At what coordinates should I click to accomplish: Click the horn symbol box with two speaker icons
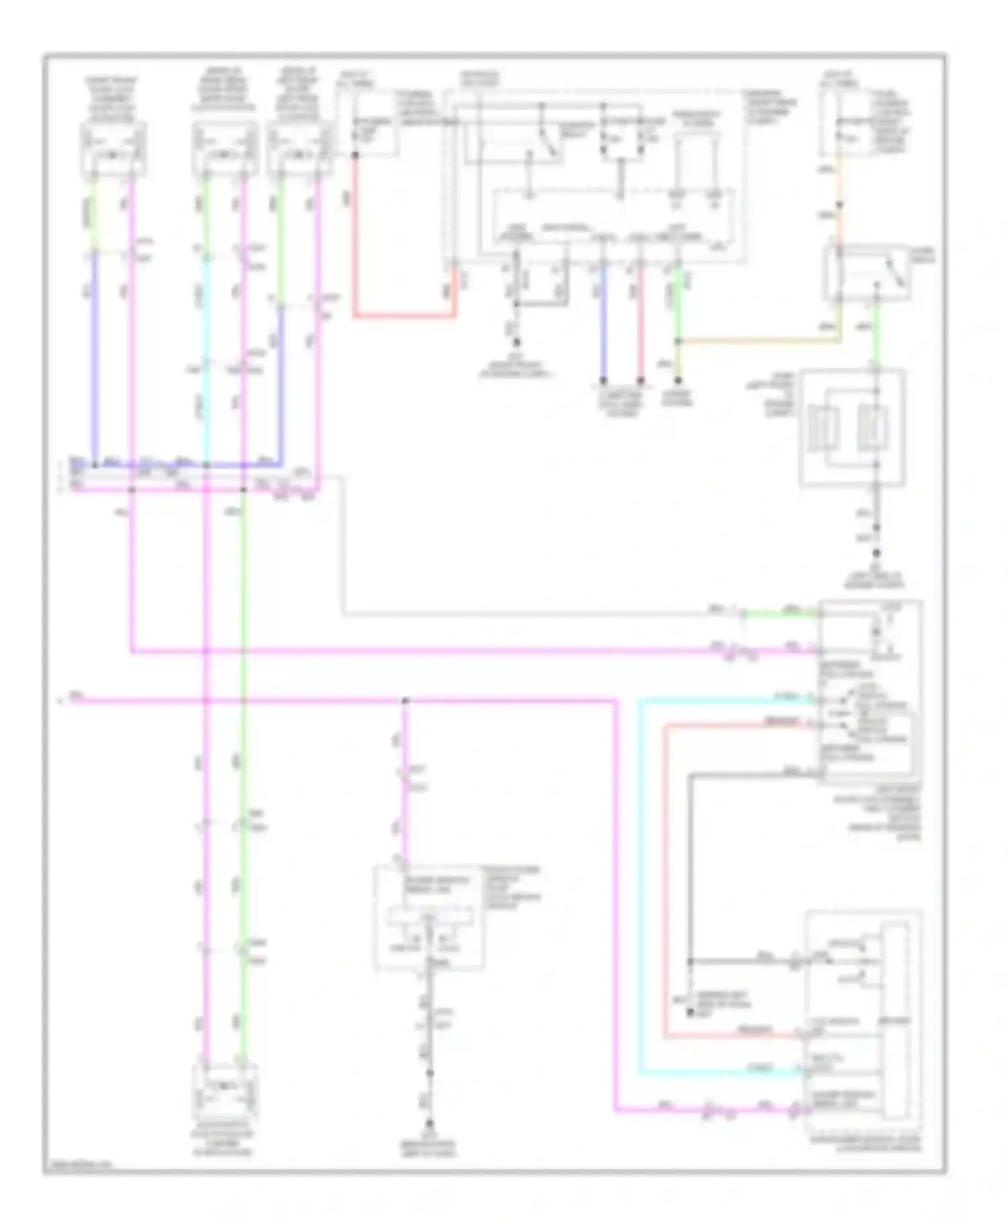click(852, 428)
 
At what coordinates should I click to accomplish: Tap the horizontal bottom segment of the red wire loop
click(403, 315)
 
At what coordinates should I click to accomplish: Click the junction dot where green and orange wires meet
click(678, 341)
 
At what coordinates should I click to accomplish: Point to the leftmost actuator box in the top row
click(113, 150)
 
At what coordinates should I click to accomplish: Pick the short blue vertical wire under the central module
click(603, 322)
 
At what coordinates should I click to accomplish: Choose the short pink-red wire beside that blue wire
click(640, 322)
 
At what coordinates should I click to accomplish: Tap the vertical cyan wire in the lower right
click(640, 887)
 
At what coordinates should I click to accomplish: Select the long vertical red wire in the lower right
click(665, 880)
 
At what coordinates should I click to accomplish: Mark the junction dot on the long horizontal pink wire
click(405, 701)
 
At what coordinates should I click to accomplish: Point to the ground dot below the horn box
click(876, 553)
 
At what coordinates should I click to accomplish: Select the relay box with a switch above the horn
click(866, 273)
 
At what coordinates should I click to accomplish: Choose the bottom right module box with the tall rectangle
click(864, 1022)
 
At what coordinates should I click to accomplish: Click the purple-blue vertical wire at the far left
click(95, 356)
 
